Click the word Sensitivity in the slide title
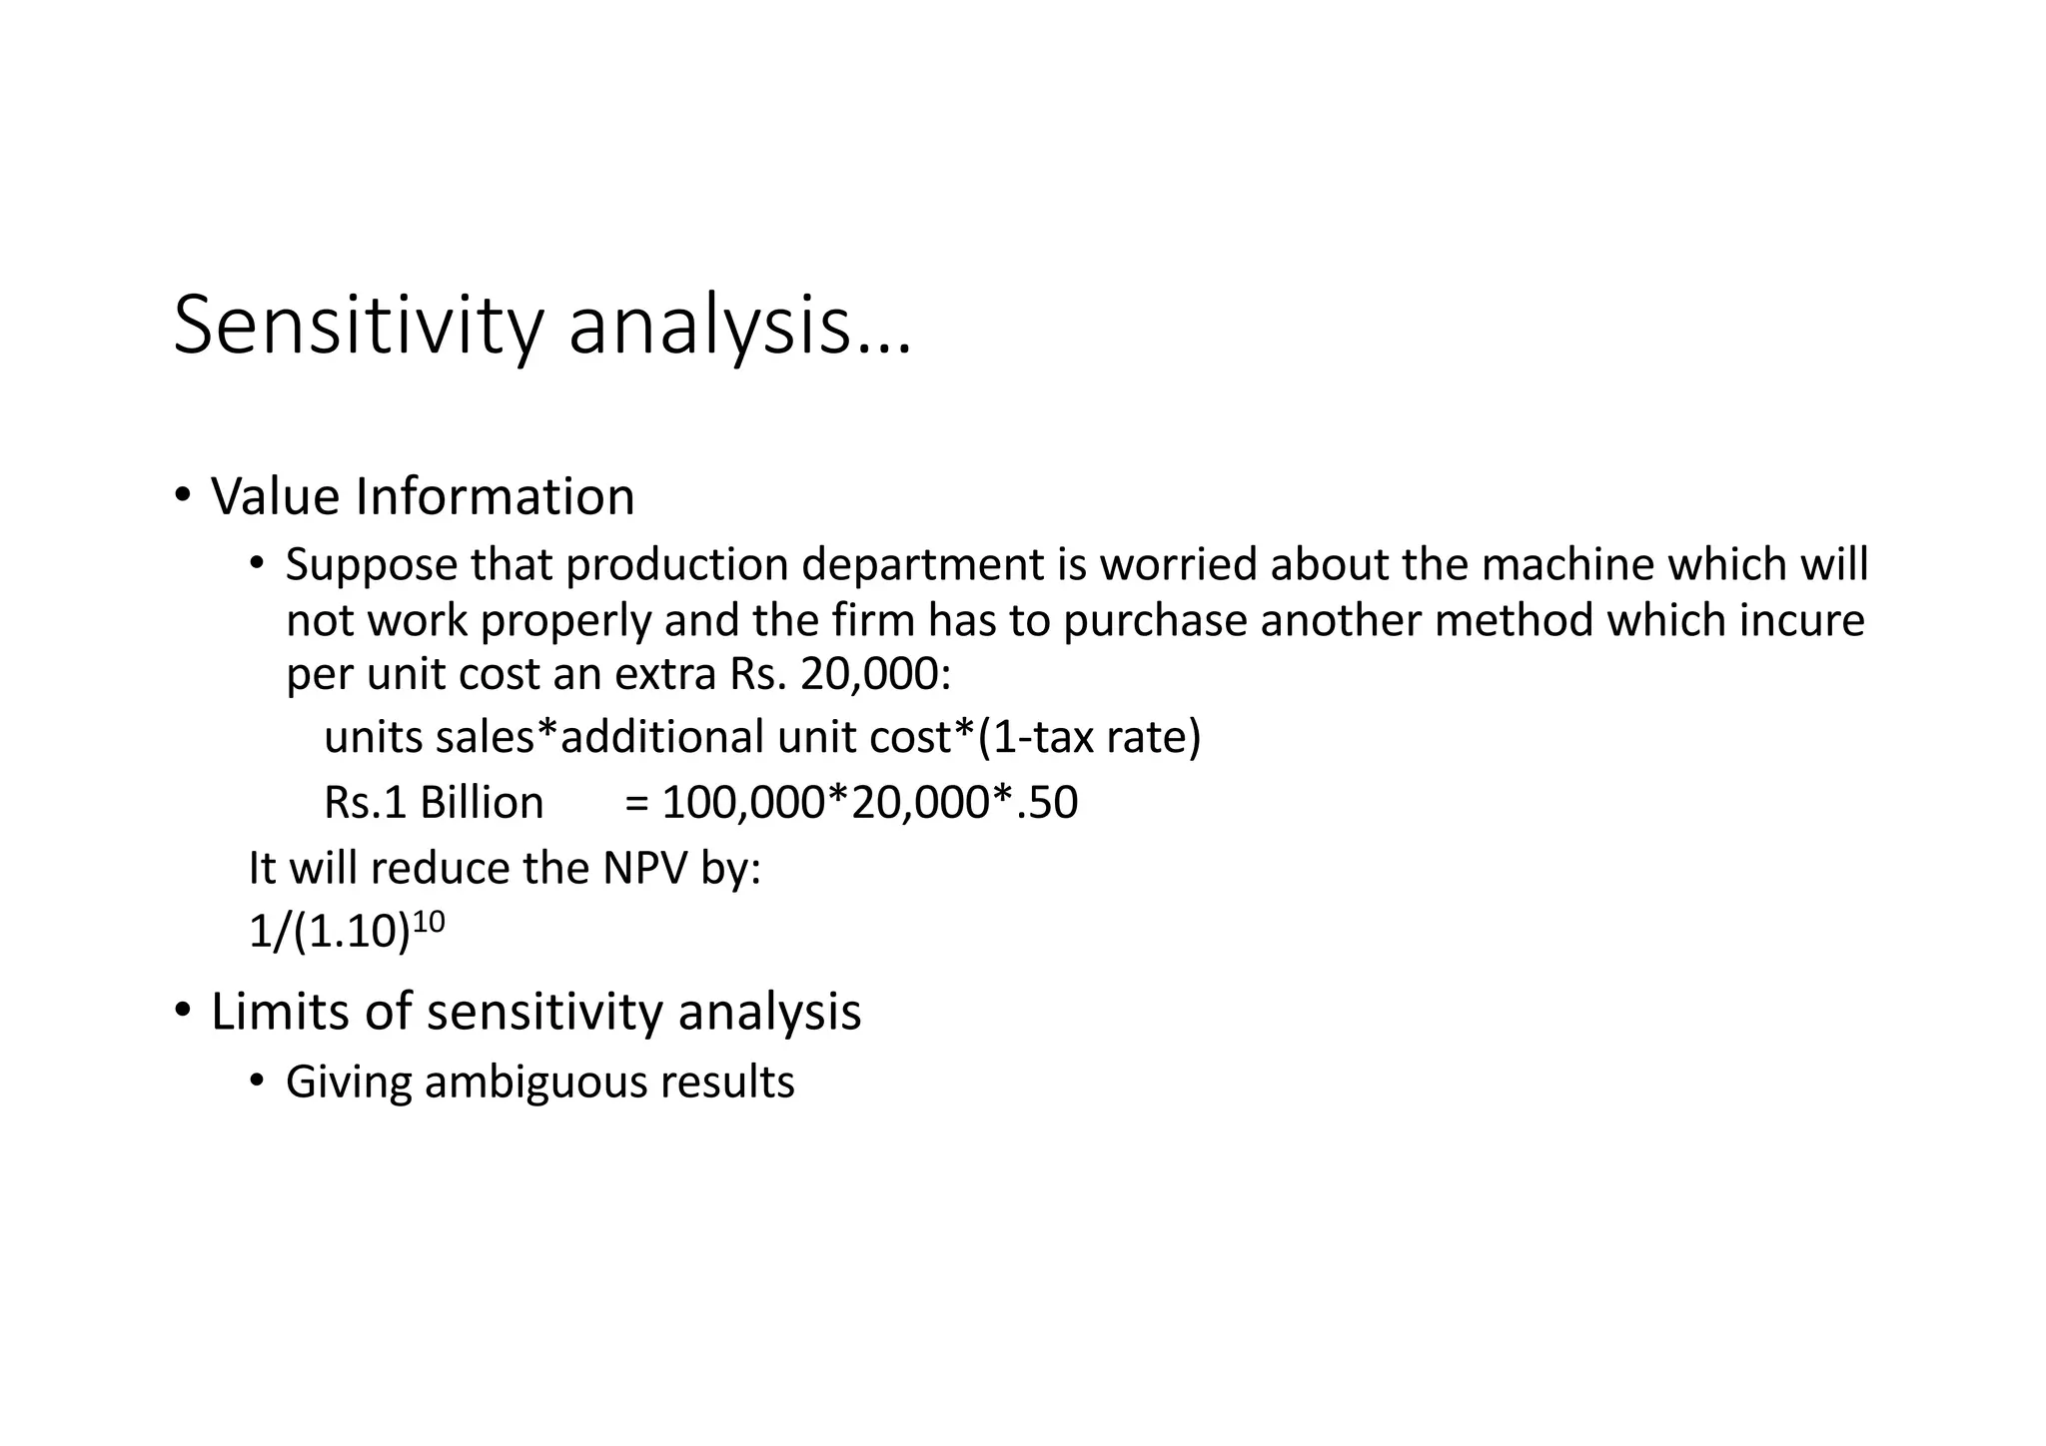pyautogui.click(x=359, y=327)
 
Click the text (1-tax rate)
pyautogui.click(x=1089, y=738)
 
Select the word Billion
pyautogui.click(x=482, y=803)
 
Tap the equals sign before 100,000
pyautogui.click(x=636, y=803)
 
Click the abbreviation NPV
pyautogui.click(x=644, y=868)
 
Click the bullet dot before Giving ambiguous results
pyautogui.click(x=257, y=1081)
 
